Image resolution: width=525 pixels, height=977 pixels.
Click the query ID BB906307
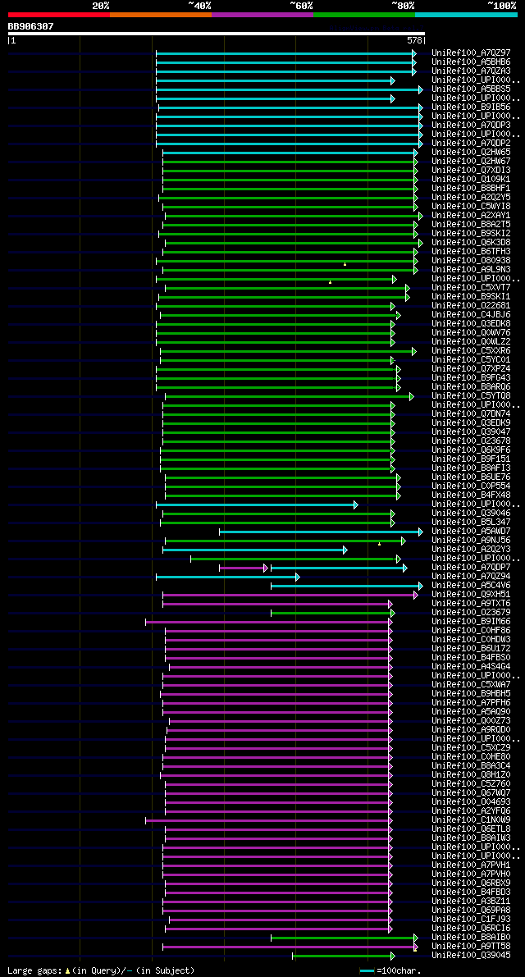[x=30, y=26]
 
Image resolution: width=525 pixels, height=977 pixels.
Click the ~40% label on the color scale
[x=199, y=6]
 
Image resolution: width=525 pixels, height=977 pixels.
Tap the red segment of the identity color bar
[x=58, y=14]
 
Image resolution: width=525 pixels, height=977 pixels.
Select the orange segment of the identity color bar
[x=160, y=14]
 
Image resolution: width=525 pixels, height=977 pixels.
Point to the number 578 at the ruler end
[x=414, y=39]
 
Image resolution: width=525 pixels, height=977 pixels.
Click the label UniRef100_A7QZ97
[x=471, y=53]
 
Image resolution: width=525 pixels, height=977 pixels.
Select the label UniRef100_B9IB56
[x=471, y=107]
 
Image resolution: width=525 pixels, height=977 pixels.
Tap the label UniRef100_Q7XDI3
[x=471, y=171]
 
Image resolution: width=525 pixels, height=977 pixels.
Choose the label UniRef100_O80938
[x=471, y=261]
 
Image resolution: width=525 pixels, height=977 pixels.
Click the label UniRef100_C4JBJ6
[x=471, y=315]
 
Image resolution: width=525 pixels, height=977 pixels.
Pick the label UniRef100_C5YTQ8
[x=471, y=396]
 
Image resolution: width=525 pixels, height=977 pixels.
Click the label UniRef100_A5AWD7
[x=471, y=532]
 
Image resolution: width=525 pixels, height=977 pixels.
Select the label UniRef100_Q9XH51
[x=471, y=595]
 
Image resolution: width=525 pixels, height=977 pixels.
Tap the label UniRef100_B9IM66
[x=471, y=622]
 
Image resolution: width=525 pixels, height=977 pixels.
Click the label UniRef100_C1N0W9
[x=471, y=820]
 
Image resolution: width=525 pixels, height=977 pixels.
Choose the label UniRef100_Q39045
[x=471, y=956]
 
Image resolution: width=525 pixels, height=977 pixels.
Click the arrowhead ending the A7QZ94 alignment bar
[x=297, y=577]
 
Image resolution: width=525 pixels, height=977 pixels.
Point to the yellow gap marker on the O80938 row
[x=345, y=264]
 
